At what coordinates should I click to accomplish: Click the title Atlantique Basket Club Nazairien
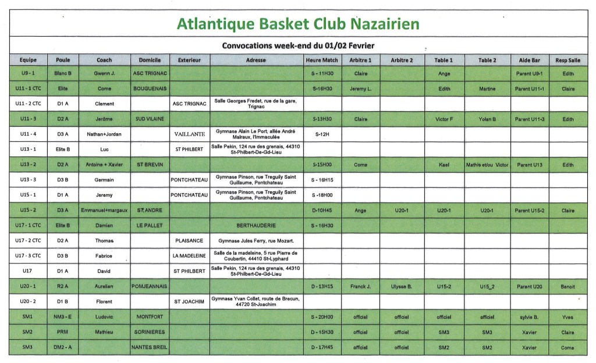[x=297, y=24]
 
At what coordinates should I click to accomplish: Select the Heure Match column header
[x=321, y=60]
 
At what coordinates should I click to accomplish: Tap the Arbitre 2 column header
[x=402, y=60]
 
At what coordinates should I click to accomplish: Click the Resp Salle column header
[x=567, y=60]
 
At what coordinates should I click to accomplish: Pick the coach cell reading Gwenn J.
[x=105, y=74]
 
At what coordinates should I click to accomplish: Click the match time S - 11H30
[x=321, y=74]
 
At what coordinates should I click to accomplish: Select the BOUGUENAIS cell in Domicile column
[x=150, y=88]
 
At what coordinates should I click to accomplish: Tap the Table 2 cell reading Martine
[x=487, y=88]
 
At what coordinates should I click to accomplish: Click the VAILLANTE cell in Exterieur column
[x=189, y=133]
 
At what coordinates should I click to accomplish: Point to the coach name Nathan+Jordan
[x=105, y=133]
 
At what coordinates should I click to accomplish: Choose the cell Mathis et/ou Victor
[x=487, y=165]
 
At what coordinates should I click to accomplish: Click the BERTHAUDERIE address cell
[x=256, y=225]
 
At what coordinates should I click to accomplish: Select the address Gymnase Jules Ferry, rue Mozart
[x=256, y=240]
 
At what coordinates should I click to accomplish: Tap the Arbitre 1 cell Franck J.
[x=361, y=286]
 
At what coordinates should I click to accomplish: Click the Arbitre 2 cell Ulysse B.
[x=402, y=286]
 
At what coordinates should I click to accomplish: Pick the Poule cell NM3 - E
[x=63, y=317]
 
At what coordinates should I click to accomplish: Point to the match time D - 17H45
[x=321, y=347]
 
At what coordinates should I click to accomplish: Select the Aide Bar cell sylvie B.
[x=529, y=317]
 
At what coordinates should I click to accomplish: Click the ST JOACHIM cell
[x=189, y=302]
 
